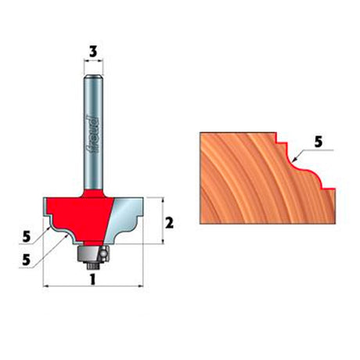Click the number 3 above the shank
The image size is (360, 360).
93,52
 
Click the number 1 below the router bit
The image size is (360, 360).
92,279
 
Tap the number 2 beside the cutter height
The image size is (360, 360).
169,223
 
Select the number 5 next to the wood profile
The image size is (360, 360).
319,142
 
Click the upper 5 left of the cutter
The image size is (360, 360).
27,237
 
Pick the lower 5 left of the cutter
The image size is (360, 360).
27,260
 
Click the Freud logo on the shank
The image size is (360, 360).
93,135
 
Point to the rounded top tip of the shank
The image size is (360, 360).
93,77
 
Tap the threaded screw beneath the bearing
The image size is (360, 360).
92,265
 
